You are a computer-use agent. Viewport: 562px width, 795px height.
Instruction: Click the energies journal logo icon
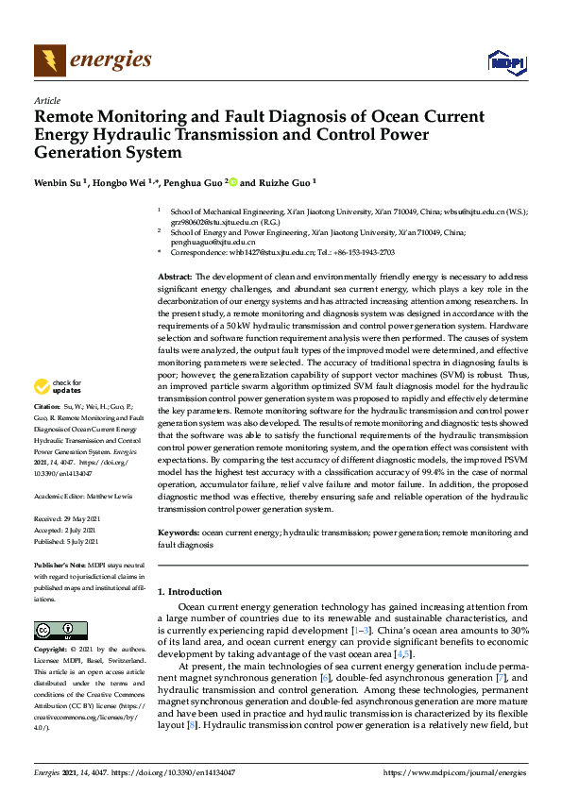[49, 61]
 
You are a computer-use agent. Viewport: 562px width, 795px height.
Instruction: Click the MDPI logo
[505, 62]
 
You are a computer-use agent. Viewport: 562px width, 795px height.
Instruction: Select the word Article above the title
[46, 100]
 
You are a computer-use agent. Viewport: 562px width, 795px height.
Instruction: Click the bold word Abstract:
[176, 274]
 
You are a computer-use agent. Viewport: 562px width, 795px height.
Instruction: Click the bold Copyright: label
[52, 651]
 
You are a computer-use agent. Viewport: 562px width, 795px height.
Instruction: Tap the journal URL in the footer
[457, 773]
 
